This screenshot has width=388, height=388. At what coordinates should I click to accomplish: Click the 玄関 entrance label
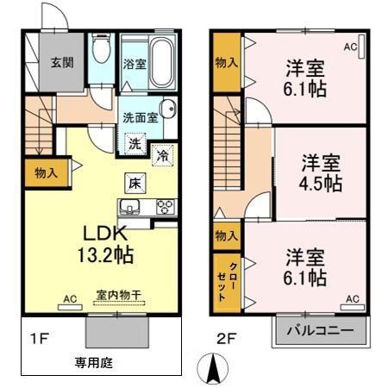pyautogui.click(x=60, y=63)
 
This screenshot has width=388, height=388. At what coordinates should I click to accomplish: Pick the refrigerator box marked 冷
pyautogui.click(x=161, y=155)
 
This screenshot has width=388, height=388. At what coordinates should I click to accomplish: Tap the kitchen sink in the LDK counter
pyautogui.click(x=132, y=207)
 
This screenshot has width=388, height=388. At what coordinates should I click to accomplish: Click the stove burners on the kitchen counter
pyautogui.click(x=163, y=207)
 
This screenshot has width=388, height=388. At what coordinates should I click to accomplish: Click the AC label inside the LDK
pyautogui.click(x=71, y=298)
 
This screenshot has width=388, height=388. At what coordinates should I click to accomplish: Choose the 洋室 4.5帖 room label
pyautogui.click(x=321, y=172)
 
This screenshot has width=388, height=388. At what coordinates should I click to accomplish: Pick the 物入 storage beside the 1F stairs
pyautogui.click(x=46, y=173)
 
